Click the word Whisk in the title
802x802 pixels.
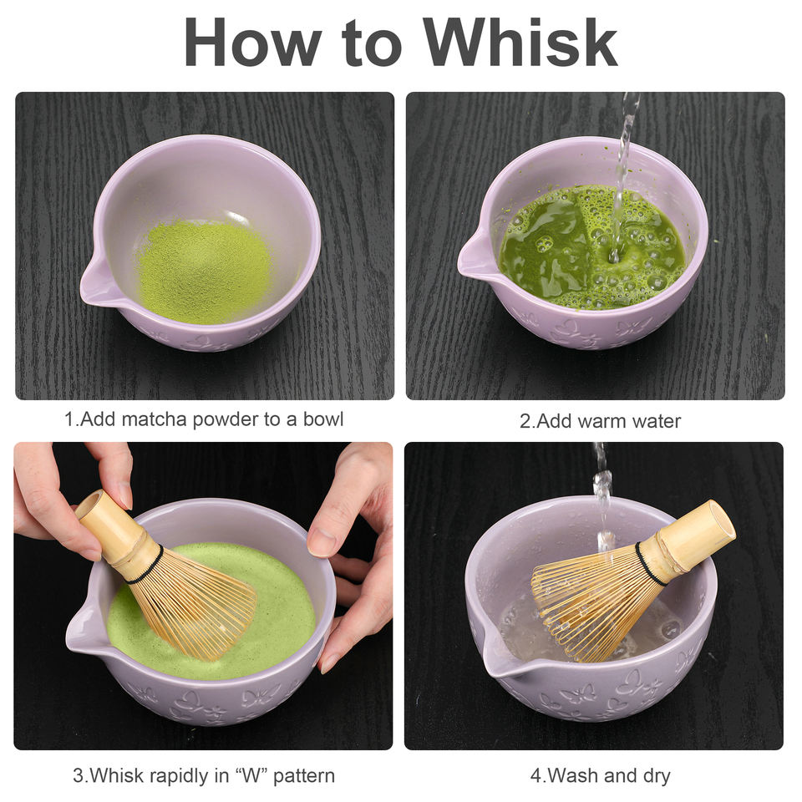(520, 42)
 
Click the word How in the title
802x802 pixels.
(253, 42)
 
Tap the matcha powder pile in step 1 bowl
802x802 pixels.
(205, 271)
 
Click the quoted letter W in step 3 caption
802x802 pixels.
(251, 776)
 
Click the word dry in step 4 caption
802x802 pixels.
(657, 777)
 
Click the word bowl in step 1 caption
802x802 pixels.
(322, 419)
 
